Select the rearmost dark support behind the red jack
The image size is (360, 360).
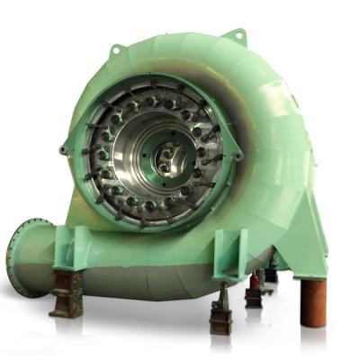(x=271, y=274)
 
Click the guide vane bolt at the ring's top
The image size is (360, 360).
(x=153, y=90)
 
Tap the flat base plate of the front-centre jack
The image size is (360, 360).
(x=220, y=331)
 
